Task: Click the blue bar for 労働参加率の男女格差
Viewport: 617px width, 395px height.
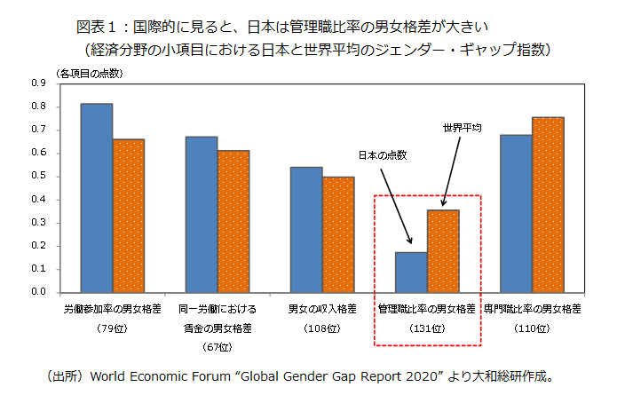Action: (97, 198)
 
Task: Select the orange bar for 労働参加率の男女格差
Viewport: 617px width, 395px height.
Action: (128, 216)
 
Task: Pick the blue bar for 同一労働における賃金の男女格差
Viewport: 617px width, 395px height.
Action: (202, 214)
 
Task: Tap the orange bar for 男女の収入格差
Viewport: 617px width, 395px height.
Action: (338, 234)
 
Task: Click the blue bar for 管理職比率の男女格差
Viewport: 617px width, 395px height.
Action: (411, 272)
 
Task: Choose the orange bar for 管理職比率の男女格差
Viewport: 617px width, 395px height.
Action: (443, 251)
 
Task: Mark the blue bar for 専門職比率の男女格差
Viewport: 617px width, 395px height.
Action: (516, 213)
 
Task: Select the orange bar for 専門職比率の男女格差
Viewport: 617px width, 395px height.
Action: (548, 204)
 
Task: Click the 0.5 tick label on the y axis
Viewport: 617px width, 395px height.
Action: (39, 176)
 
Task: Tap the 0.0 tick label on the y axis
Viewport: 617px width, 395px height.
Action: (39, 292)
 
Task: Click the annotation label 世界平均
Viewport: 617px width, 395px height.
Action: (462, 128)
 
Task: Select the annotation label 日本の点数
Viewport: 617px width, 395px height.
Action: (382, 155)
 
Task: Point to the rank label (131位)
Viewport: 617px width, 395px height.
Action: (427, 329)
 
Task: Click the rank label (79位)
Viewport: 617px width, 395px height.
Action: (112, 329)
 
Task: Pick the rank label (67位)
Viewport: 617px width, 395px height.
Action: (217, 346)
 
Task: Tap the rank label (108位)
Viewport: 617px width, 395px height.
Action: (322, 329)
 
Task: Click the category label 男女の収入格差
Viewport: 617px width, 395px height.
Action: (322, 310)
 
